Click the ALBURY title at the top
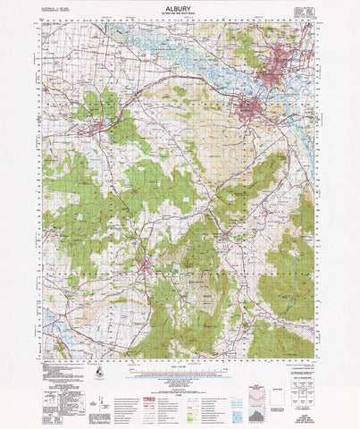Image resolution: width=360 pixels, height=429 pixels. pyautogui.click(x=180, y=8)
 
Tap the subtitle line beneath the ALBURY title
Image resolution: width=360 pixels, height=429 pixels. pyautogui.click(x=180, y=15)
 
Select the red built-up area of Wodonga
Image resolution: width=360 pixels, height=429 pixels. pyautogui.click(x=254, y=112)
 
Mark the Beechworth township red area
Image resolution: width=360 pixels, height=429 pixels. pyautogui.click(x=148, y=265)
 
